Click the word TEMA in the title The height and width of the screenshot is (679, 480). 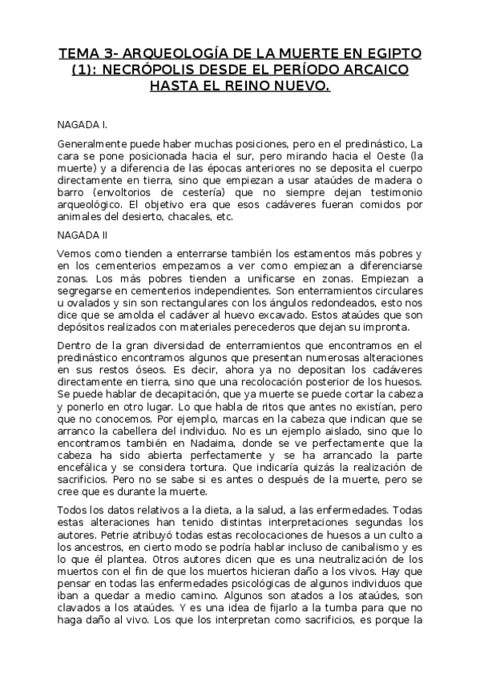(77, 54)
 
